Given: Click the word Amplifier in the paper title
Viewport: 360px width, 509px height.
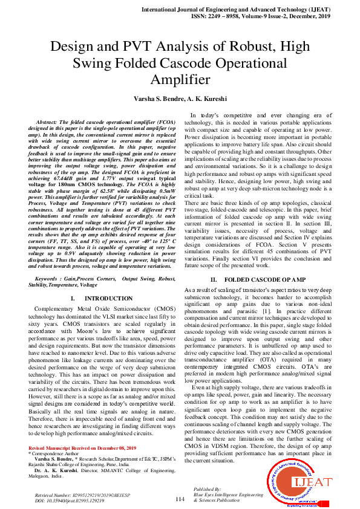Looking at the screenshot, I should click(180, 80).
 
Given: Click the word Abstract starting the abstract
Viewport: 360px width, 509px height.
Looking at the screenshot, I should click(48, 122).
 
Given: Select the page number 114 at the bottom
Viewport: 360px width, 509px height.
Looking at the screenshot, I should click(179, 499).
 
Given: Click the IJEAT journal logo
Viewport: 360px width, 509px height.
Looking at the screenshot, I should click(301, 481).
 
